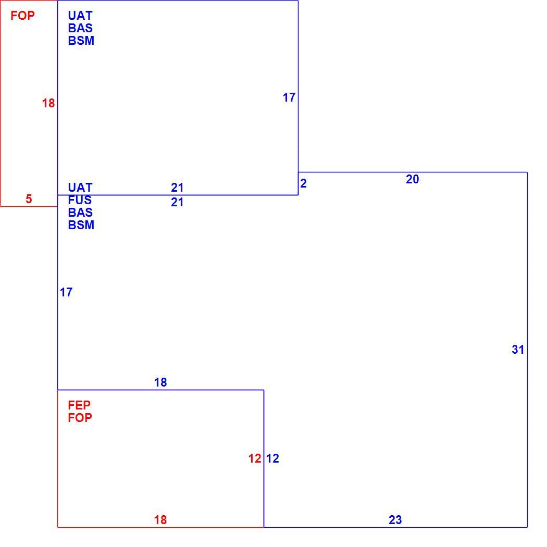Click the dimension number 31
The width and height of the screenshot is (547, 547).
[518, 350]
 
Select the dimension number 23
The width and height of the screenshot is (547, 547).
[395, 520]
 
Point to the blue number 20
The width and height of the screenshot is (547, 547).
[413, 179]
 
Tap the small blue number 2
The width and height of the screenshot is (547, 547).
[303, 183]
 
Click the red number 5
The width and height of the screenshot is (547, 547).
[29, 199]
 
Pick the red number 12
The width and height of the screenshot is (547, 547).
[255, 458]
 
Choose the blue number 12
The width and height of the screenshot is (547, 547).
[272, 458]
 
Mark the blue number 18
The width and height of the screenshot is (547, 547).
[160, 382]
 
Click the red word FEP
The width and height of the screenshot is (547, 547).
[79, 405]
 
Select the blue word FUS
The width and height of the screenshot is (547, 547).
[80, 200]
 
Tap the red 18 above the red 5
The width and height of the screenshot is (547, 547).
[48, 103]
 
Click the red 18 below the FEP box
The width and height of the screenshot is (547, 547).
[160, 520]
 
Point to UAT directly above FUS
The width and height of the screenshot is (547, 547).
[80, 188]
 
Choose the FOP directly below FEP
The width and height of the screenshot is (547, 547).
[80, 418]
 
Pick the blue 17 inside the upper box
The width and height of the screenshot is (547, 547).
[289, 97]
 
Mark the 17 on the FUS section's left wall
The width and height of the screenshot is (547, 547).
[66, 292]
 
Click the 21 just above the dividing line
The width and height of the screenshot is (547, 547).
[177, 188]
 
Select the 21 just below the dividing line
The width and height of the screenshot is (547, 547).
[177, 202]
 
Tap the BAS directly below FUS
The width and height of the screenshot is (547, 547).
[80, 213]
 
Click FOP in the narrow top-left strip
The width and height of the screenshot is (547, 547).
[23, 16]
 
